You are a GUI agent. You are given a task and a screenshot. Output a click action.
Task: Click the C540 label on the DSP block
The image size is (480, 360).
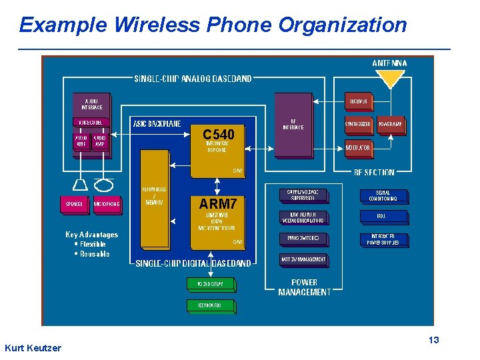click(218, 135)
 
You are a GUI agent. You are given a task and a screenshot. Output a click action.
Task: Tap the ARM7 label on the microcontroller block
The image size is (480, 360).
click(218, 203)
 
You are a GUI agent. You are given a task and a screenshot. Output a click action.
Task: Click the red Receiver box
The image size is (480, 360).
click(359, 101)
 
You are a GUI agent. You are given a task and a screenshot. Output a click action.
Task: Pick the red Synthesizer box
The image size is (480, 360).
click(359, 124)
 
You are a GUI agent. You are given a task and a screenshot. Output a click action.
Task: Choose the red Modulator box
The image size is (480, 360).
click(359, 147)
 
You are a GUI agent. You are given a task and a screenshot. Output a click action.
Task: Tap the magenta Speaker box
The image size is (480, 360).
click(74, 204)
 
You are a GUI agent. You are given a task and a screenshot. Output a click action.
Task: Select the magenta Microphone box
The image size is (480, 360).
click(107, 204)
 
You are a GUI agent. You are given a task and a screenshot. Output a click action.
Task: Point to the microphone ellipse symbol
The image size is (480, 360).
click(104, 183)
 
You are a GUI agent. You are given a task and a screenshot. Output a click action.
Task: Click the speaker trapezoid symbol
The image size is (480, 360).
click(79, 183)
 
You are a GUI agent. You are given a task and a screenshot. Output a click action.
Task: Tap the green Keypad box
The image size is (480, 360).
click(210, 305)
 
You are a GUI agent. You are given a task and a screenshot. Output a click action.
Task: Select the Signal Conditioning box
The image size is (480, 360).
click(383, 196)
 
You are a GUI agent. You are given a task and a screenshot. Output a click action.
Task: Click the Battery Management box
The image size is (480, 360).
click(304, 259)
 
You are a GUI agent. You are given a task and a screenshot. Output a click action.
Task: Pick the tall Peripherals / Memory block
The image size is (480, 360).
click(155, 199)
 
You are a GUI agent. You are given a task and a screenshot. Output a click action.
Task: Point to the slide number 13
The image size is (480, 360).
click(433, 341)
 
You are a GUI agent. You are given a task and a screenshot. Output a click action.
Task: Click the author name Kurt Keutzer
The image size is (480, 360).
click(33, 348)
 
